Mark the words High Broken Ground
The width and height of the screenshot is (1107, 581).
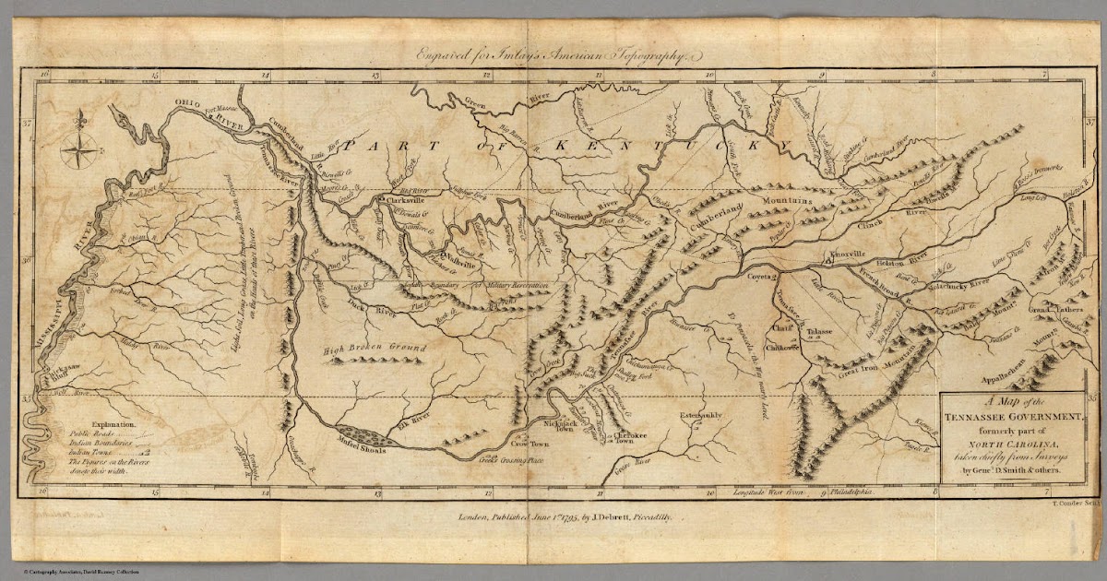click(363, 349)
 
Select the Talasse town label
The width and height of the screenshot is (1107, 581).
click(818, 330)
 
